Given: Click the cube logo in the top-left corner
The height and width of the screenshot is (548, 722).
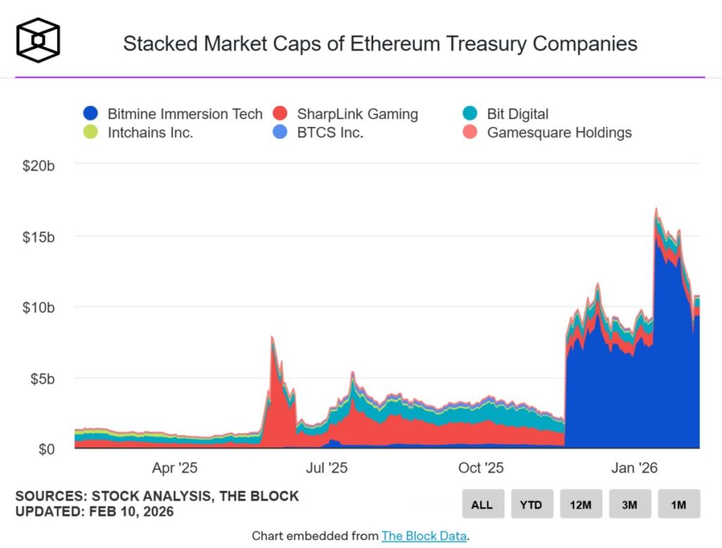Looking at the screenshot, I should coord(38,39).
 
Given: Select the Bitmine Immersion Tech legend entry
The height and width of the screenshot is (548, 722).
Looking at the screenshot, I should coord(173,114).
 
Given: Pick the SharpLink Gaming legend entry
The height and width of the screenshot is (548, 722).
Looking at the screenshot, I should coord(345,114).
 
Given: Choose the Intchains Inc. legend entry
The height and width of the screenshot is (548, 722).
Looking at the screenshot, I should coord(138,132).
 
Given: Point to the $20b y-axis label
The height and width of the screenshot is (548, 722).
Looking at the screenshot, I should coord(39,166).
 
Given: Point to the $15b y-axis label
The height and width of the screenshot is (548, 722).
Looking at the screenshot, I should coord(39,236).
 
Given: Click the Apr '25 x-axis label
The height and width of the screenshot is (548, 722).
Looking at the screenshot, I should coord(175,468).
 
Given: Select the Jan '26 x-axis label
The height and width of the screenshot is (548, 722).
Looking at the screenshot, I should coord(633,468).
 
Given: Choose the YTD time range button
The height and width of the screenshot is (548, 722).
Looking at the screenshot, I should coord(531,504).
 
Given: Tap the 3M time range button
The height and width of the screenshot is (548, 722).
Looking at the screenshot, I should coord(630,504).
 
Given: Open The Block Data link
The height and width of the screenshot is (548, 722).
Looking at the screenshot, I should coord(423,536).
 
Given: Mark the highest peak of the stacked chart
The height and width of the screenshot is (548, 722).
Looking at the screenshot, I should coord(656,208).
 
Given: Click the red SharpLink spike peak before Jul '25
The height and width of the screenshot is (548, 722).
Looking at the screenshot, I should coord(272,338).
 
